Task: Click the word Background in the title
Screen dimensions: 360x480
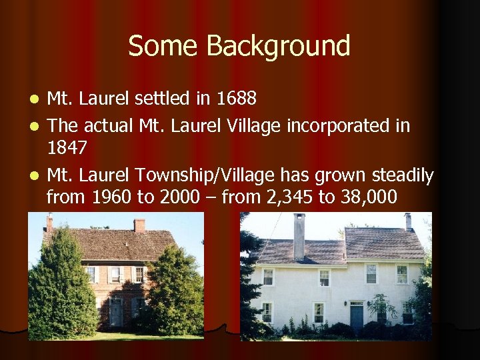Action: coord(278,47)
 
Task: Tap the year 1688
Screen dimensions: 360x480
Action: coord(237,99)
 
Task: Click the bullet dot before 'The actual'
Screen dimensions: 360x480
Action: coord(35,126)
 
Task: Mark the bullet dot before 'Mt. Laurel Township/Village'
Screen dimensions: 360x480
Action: coord(35,177)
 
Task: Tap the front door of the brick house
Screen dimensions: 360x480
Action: coord(117,312)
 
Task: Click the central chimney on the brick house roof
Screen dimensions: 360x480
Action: coord(139,225)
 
